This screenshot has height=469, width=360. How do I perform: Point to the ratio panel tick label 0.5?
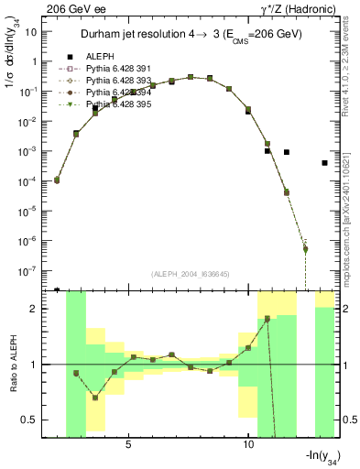(33, 420)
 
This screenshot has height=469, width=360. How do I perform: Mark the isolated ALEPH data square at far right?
(325, 163)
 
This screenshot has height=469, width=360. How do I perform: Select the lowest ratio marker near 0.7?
(94, 398)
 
